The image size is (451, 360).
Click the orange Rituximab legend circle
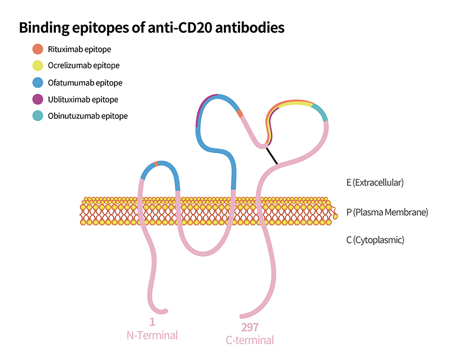tap(38, 49)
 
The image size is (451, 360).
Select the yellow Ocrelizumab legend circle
tap(38, 65)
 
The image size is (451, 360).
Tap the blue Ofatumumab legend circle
tap(38, 82)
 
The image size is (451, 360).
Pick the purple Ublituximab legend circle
tap(38, 99)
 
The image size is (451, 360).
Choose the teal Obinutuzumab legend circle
tap(38, 115)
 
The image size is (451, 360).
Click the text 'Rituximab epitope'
tap(79, 50)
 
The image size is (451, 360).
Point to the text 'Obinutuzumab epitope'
tap(88, 116)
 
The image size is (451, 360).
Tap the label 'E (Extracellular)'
tap(375, 183)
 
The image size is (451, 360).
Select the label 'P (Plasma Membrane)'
tap(387, 212)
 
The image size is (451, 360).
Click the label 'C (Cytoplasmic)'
tap(375, 240)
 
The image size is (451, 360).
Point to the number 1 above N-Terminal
tap(152, 322)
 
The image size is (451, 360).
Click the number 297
tap(250, 327)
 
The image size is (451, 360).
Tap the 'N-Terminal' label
tap(152, 335)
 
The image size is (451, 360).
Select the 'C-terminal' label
tap(250, 340)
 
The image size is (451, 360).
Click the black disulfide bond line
tap(272, 156)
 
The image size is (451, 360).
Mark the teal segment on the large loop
tap(321, 112)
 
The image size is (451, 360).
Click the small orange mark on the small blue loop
tap(156, 164)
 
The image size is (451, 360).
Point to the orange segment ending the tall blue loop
tap(240, 113)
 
